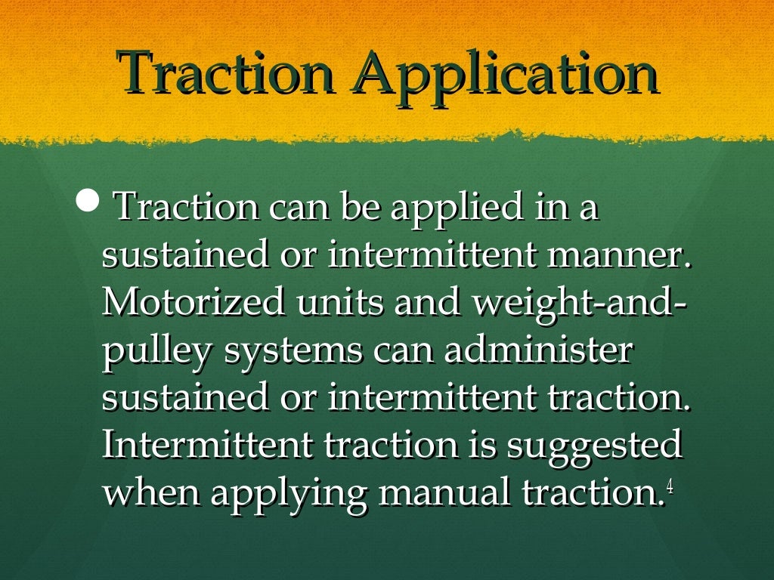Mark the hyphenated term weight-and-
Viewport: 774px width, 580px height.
click(x=579, y=304)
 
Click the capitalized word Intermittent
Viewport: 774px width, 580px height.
click(x=207, y=445)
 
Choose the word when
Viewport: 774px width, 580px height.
click(x=151, y=492)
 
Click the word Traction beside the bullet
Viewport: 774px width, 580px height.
click(x=186, y=208)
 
